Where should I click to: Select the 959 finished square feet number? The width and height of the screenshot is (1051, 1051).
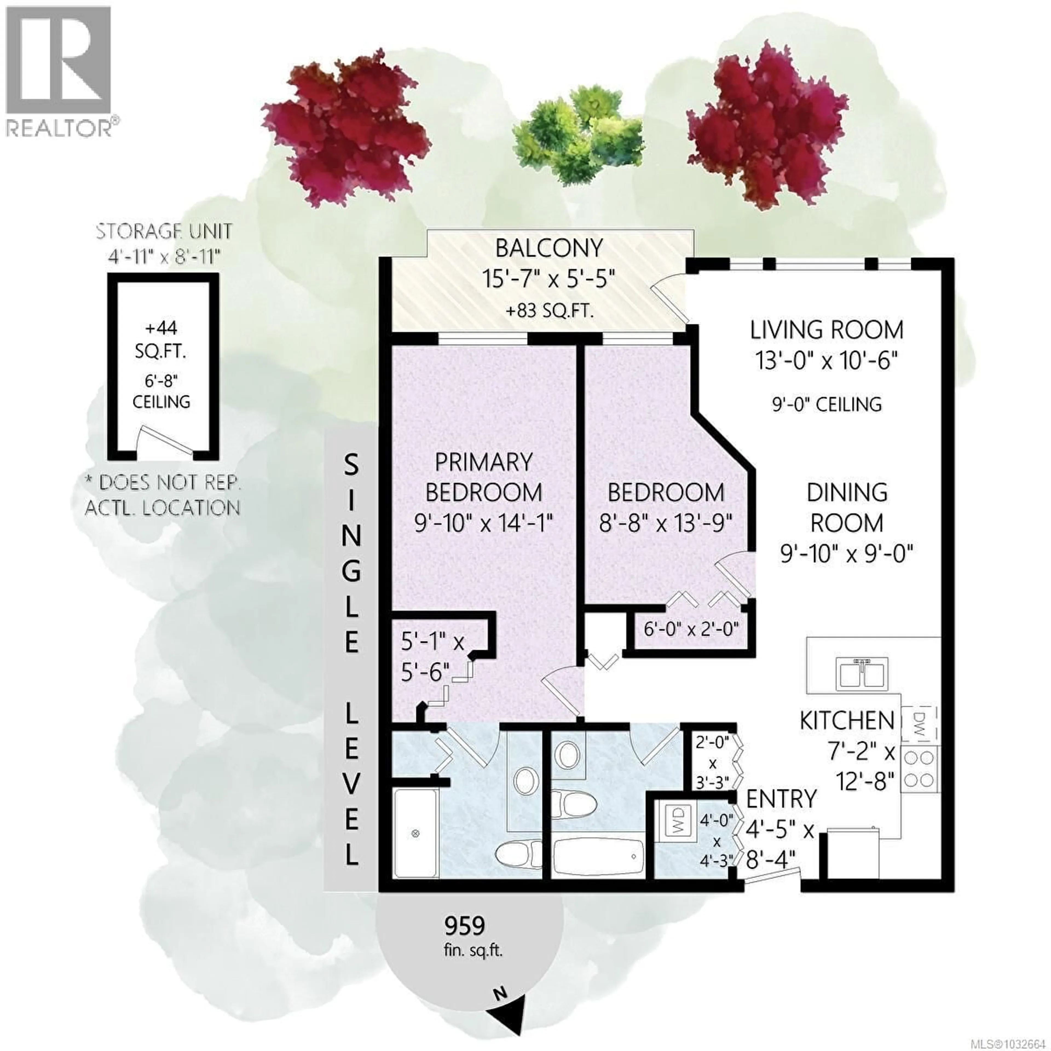(464, 925)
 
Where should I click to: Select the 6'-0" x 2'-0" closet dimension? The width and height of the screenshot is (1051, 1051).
(691, 630)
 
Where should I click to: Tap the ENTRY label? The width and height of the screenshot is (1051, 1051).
(781, 799)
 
